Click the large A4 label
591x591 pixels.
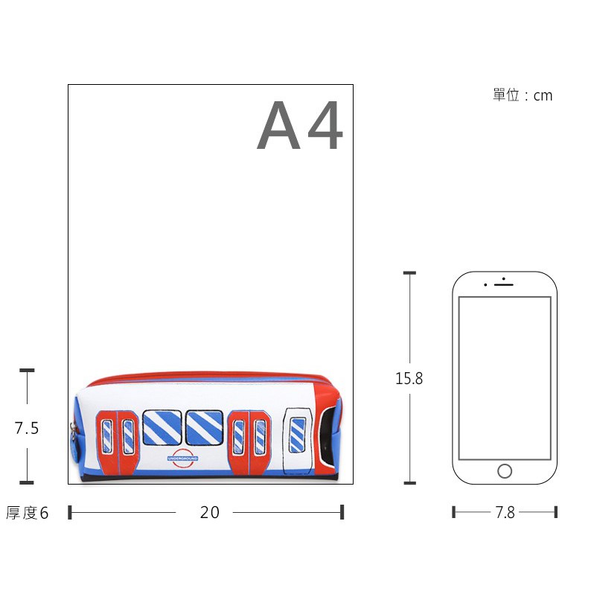(x=300, y=125)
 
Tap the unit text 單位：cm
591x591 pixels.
(x=523, y=95)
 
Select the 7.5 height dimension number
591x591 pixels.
(x=27, y=428)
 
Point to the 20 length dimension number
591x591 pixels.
(x=210, y=512)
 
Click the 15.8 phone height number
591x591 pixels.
(x=409, y=378)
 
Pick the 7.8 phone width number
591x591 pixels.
(x=505, y=512)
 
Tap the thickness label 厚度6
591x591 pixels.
(x=27, y=513)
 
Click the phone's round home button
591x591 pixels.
(x=505, y=471)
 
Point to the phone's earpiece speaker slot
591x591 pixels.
(x=504, y=284)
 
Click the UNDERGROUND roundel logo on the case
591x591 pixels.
(x=183, y=459)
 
